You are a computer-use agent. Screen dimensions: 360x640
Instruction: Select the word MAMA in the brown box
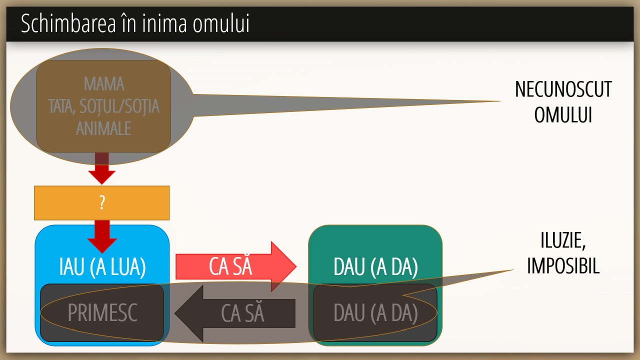pyautogui.click(x=104, y=83)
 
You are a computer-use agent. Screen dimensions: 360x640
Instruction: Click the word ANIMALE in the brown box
pyautogui.click(x=103, y=128)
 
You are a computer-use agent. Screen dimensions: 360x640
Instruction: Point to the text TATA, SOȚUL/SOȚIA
pyautogui.click(x=103, y=106)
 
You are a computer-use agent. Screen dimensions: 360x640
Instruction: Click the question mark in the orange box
pyautogui.click(x=102, y=203)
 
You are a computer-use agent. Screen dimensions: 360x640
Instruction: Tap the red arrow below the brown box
pyautogui.click(x=102, y=170)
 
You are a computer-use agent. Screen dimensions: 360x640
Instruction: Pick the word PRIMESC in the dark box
pyautogui.click(x=102, y=313)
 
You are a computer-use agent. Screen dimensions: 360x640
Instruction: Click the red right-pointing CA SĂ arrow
pyautogui.click(x=235, y=266)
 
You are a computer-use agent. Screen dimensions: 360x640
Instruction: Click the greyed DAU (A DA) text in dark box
pyautogui.click(x=375, y=313)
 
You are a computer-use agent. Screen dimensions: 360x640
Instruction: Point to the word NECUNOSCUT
pyautogui.click(x=563, y=89)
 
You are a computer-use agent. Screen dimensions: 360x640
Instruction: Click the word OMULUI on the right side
pyautogui.click(x=563, y=114)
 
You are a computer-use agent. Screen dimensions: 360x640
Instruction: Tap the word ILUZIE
pyautogui.click(x=563, y=241)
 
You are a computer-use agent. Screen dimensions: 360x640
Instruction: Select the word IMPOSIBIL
pyautogui.click(x=563, y=266)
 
